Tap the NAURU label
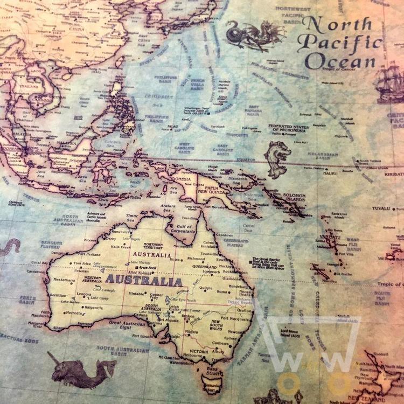[x=330, y=173]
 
